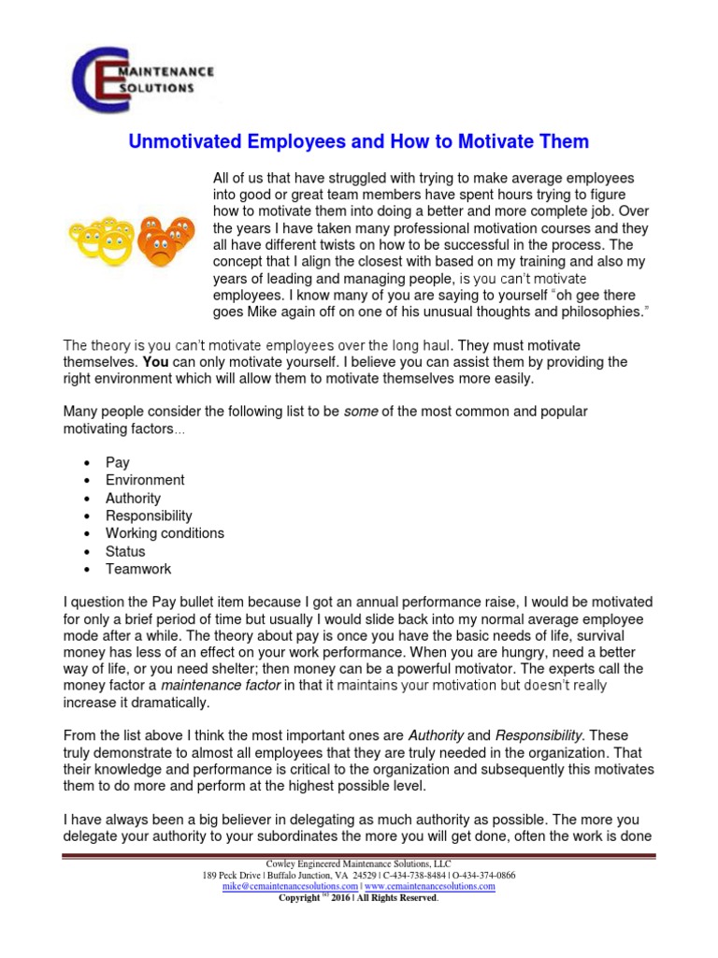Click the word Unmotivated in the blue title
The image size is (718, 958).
click(x=183, y=142)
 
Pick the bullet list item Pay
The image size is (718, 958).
click(x=118, y=462)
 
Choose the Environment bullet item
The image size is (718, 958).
click(x=145, y=480)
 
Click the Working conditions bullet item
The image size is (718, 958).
click(x=165, y=533)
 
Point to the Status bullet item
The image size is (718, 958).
click(x=125, y=551)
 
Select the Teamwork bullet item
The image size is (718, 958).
click(x=138, y=569)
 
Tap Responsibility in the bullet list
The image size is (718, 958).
click(x=149, y=515)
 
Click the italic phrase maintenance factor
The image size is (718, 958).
click(x=221, y=686)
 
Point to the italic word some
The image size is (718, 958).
click(x=361, y=412)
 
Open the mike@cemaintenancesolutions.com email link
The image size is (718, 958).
click(x=290, y=886)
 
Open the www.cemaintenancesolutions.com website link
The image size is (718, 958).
click(x=429, y=886)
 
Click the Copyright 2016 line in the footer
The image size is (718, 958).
click(x=359, y=897)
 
